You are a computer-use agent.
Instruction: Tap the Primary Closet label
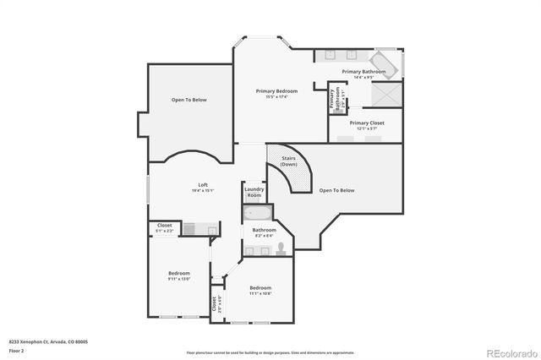[x=367, y=123]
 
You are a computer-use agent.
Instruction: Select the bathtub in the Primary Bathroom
[x=389, y=63]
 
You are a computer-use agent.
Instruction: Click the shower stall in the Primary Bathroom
[x=388, y=95]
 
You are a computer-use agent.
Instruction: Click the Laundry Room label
[x=254, y=192]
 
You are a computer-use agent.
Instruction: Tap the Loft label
[x=203, y=185]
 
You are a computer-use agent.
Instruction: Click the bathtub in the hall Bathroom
[x=257, y=212]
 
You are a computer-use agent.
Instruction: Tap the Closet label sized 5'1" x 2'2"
[x=165, y=226]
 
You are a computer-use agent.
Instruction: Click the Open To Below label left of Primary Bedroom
[x=189, y=100]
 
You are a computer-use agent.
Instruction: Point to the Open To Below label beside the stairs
[x=336, y=190]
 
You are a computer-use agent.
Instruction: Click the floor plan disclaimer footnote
[x=270, y=352]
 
